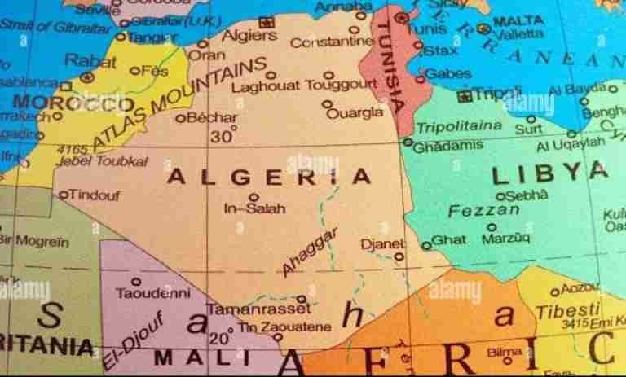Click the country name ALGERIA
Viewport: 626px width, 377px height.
click(269, 176)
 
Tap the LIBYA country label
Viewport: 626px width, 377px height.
click(551, 173)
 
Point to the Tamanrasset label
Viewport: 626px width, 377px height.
click(258, 309)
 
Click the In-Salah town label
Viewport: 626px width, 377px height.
click(254, 208)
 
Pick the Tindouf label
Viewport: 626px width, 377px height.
click(95, 195)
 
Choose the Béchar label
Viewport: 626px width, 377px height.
click(212, 117)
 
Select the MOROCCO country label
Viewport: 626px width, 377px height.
click(73, 104)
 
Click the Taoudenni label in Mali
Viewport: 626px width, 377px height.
click(152, 292)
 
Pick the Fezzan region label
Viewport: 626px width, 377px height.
click(484, 211)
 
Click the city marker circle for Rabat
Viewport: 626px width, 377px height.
click(87, 76)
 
